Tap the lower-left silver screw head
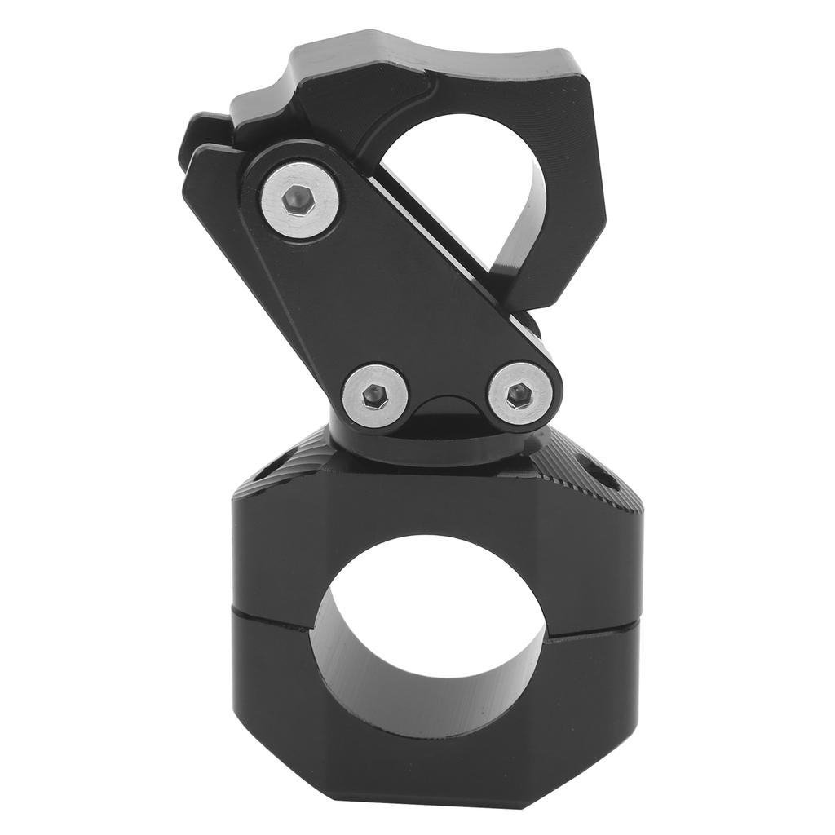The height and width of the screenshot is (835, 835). [374, 395]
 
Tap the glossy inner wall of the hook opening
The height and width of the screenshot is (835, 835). [522, 220]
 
